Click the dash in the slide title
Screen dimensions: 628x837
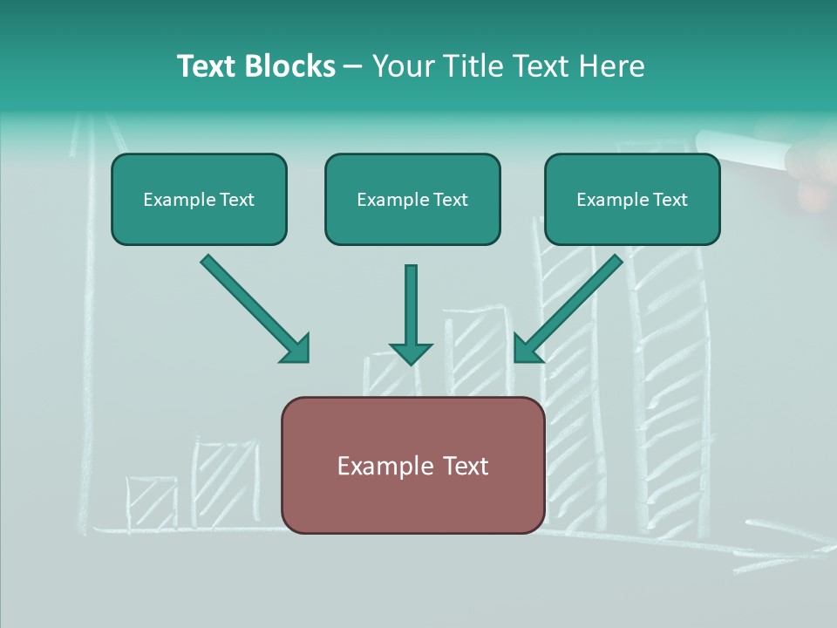click(x=353, y=67)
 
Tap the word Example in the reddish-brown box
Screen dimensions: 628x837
click(x=379, y=467)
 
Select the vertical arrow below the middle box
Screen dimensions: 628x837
click(x=411, y=314)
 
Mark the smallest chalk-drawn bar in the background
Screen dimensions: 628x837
click(x=152, y=503)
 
